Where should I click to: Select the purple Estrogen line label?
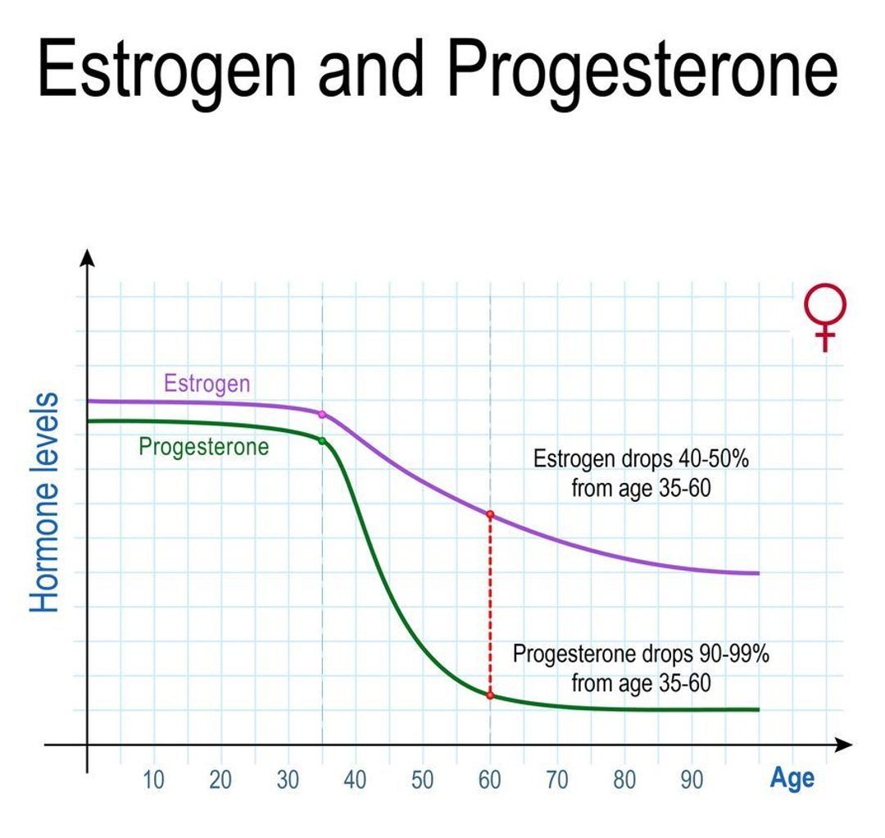point(207,384)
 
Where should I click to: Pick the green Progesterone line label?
point(204,448)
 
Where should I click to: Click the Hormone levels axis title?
point(46,503)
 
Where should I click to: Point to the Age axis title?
point(792,778)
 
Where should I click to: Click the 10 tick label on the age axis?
point(153,780)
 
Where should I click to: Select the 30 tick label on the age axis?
point(288,780)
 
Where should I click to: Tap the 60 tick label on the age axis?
point(490,780)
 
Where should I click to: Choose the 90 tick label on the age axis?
point(692,780)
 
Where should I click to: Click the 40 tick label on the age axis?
point(355,780)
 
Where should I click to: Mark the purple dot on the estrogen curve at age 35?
point(322,415)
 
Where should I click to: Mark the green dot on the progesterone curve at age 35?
point(322,441)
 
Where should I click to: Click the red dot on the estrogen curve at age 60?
point(490,515)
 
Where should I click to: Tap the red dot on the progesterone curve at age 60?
point(490,695)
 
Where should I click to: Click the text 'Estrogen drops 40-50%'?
point(641,459)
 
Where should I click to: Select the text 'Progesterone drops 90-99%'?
point(641,655)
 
